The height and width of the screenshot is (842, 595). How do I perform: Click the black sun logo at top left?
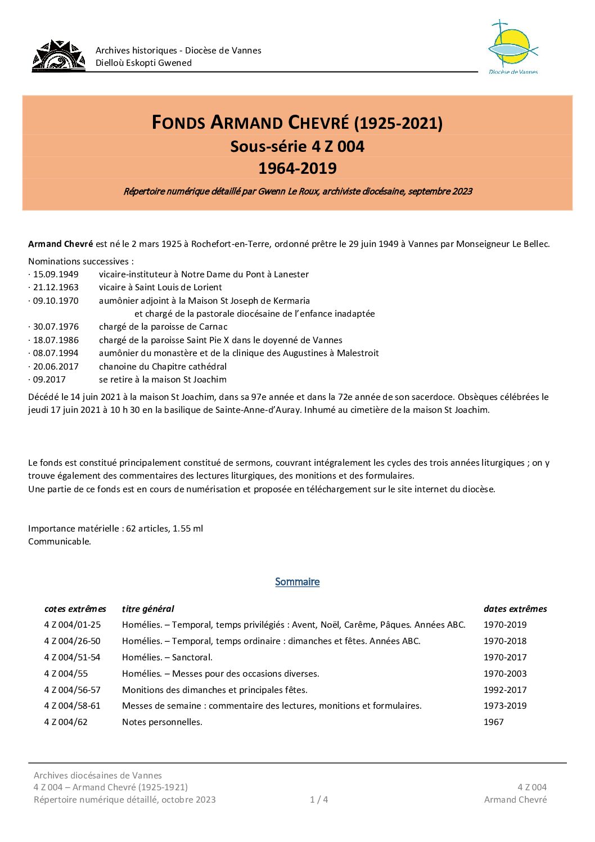(58, 56)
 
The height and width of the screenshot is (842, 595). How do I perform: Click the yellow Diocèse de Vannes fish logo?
(512, 47)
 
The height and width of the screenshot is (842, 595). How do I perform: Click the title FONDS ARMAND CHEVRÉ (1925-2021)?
(297, 123)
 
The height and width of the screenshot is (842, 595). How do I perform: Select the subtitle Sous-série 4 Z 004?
(297, 146)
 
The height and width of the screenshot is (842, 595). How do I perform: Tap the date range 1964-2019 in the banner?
(297, 168)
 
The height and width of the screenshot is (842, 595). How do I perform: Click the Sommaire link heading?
(297, 582)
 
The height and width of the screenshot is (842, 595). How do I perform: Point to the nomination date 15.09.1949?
(55, 274)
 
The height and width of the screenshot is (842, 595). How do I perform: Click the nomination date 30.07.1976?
(55, 327)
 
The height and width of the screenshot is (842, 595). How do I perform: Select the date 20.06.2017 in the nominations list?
(55, 367)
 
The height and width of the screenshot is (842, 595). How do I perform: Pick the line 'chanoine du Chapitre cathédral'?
(163, 367)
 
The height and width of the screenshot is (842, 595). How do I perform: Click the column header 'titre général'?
(148, 609)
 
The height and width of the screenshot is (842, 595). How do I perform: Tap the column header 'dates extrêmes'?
(515, 609)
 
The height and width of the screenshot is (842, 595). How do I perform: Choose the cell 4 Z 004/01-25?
(73, 625)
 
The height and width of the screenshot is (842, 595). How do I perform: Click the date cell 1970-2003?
(505, 674)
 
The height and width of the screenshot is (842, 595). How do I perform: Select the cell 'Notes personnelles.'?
(162, 722)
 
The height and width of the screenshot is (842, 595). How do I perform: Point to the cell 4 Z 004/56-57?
(73, 690)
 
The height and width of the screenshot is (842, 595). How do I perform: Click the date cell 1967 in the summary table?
(493, 722)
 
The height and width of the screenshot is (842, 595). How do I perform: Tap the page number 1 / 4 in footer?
(319, 800)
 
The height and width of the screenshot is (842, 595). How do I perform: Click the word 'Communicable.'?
(60, 542)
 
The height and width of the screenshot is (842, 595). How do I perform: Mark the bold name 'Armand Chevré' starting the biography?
(61, 244)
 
